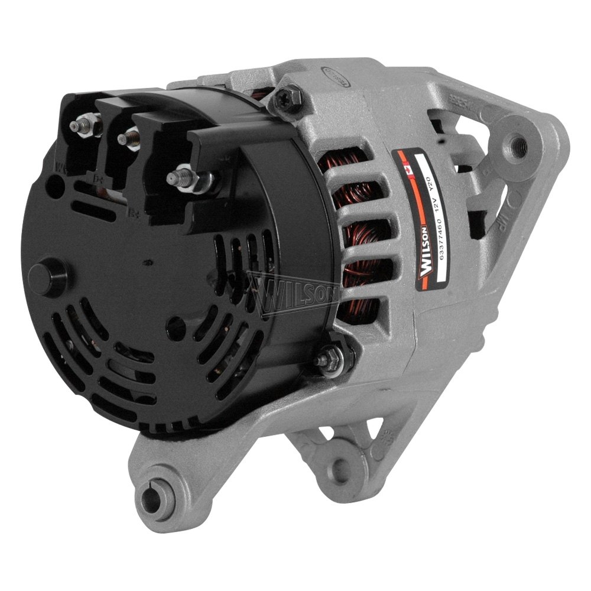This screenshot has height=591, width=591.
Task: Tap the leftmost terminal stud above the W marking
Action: [x=79, y=126]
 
